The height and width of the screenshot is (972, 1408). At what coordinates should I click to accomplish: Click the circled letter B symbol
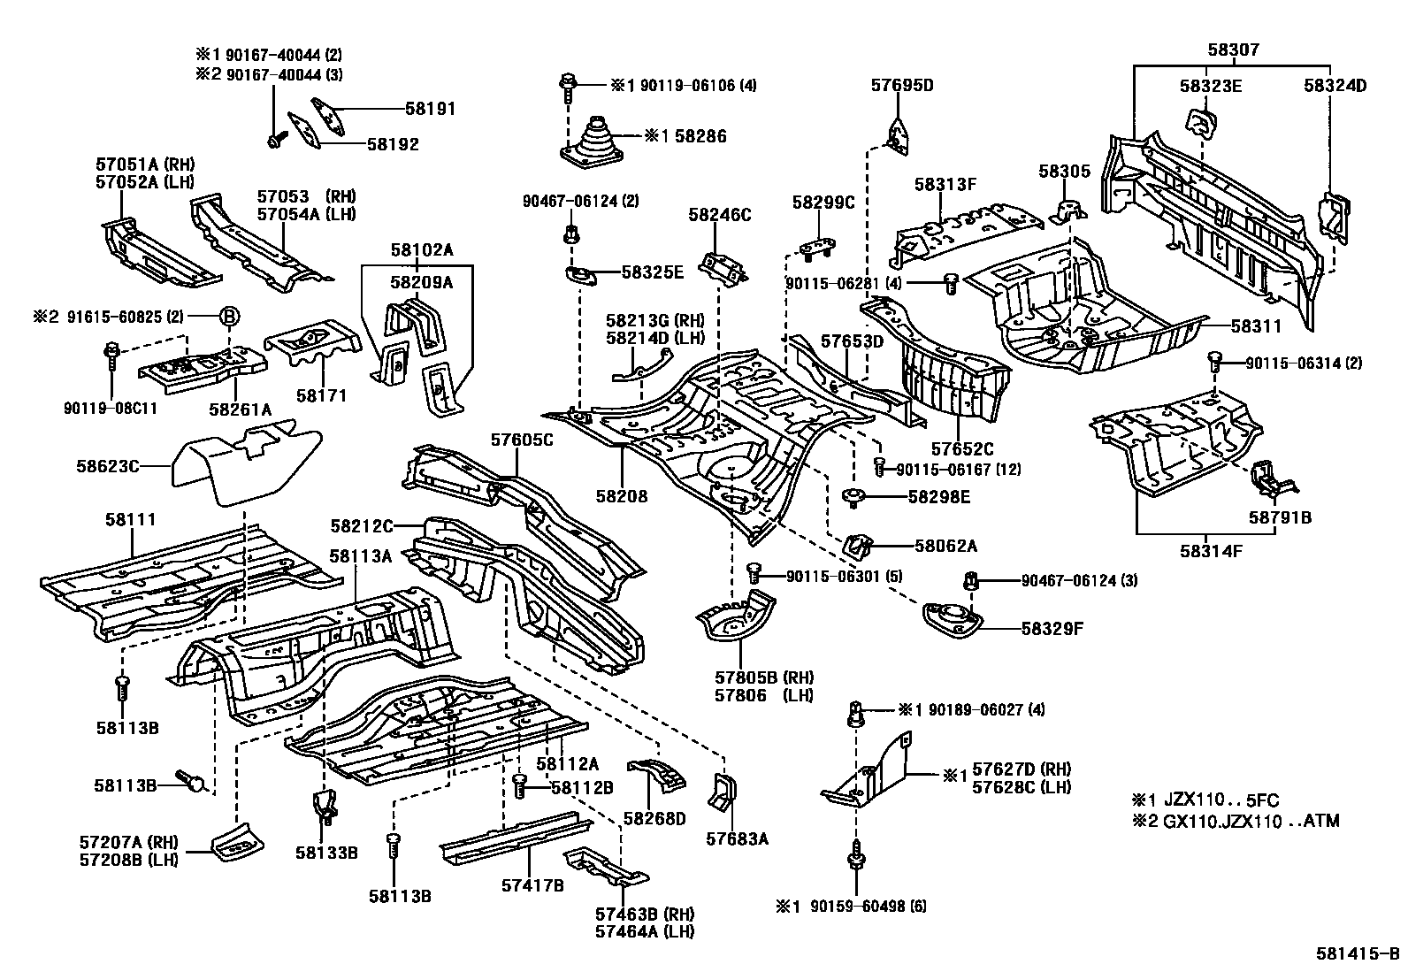pos(229,317)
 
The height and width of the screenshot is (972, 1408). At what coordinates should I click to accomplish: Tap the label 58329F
pos(1052,629)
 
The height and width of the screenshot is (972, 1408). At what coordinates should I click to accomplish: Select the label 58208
pos(621,496)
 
